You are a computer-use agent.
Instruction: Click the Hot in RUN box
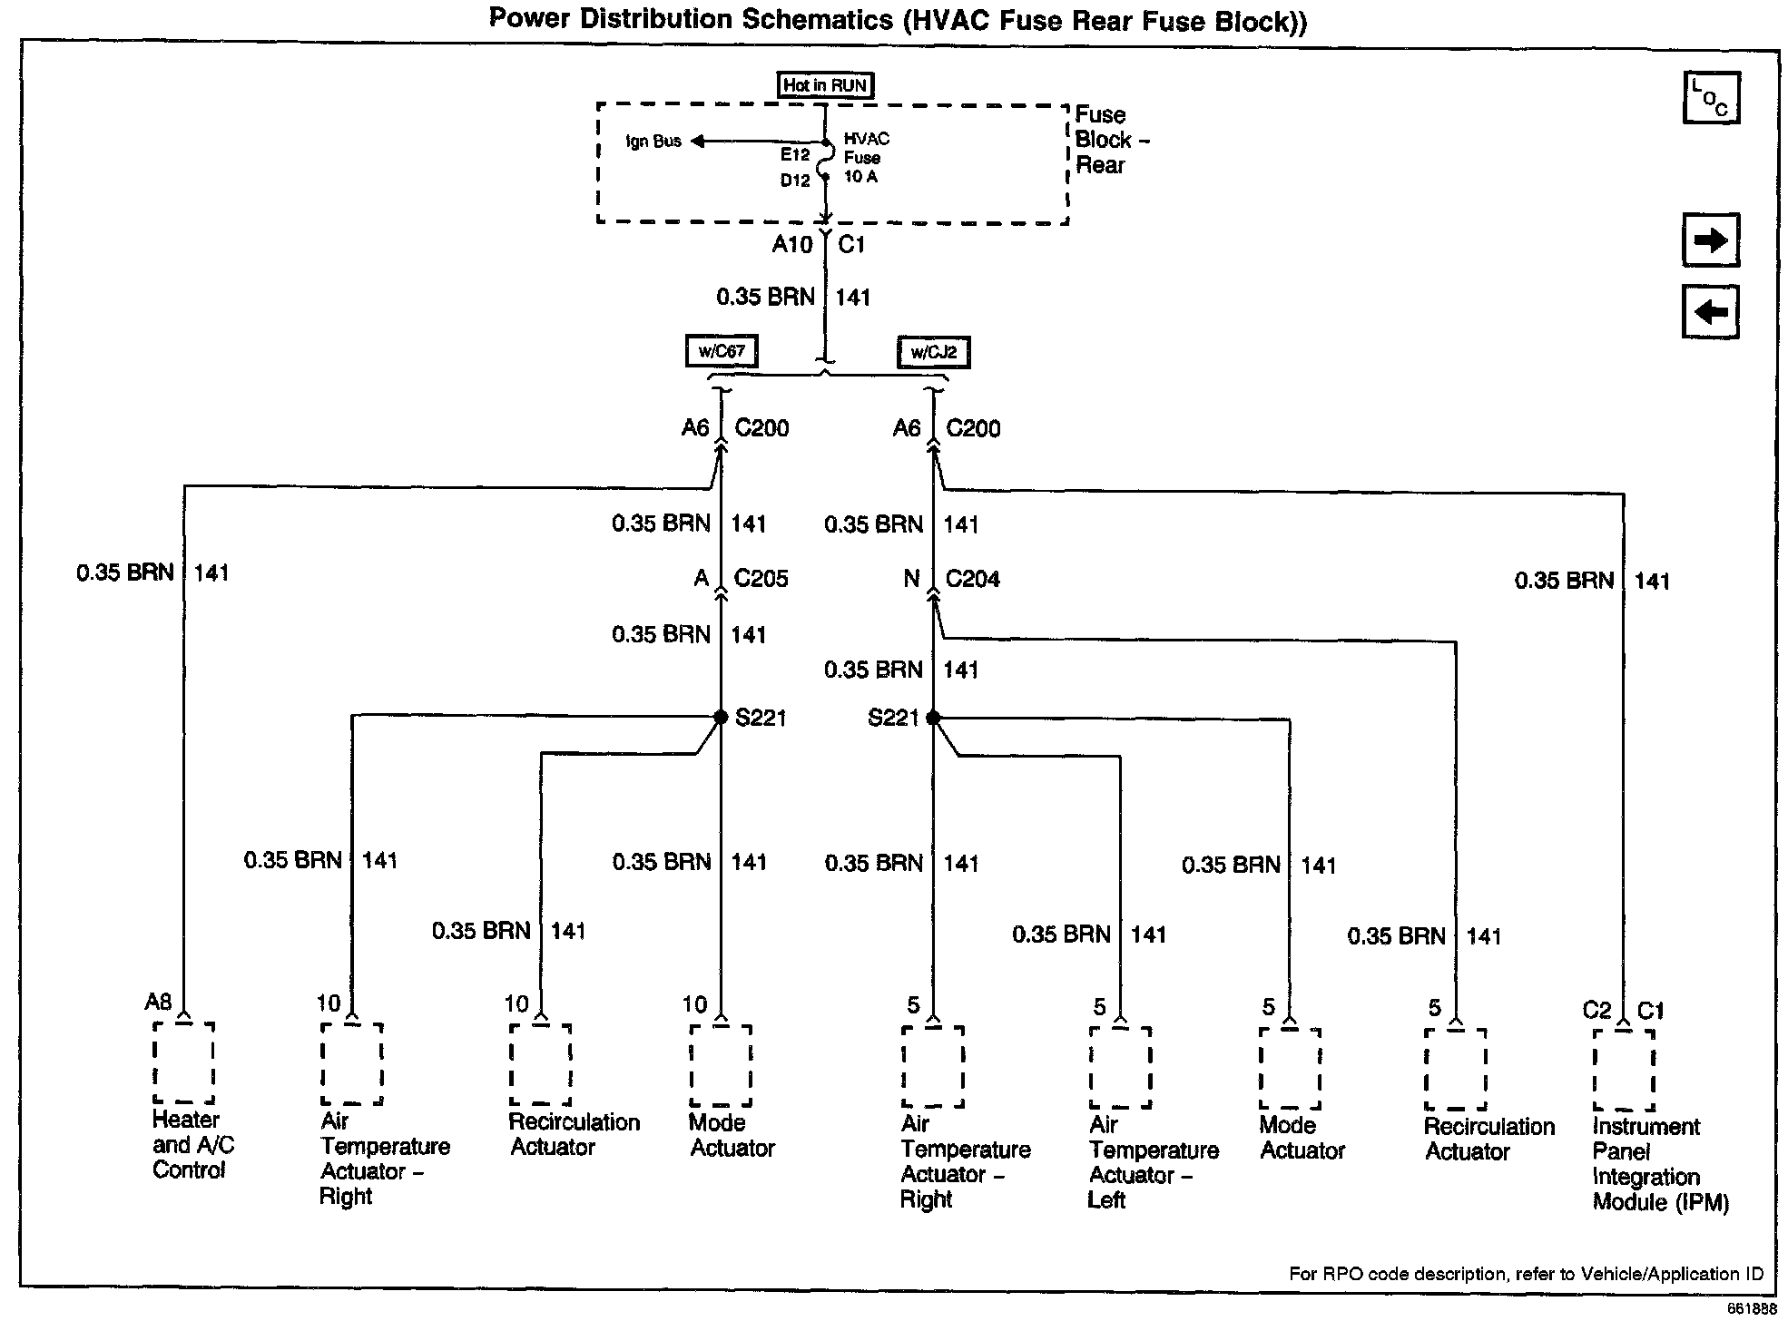point(825,86)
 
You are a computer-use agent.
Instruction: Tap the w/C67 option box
point(722,351)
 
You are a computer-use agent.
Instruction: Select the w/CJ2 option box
point(933,352)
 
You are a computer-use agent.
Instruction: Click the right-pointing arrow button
point(1711,240)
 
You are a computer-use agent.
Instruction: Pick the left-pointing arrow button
point(1711,312)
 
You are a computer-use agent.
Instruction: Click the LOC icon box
point(1711,98)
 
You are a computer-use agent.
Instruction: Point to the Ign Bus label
point(653,142)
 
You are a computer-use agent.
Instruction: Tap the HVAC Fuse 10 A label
point(866,158)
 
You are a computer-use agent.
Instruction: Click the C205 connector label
point(761,579)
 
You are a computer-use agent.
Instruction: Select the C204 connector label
point(972,579)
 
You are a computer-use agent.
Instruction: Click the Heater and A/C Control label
point(192,1145)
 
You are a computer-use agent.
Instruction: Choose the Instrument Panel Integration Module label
point(1659,1165)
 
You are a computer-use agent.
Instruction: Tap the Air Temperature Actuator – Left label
point(1153,1162)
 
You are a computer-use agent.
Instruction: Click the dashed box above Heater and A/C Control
point(183,1063)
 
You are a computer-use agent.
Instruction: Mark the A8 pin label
point(158,1002)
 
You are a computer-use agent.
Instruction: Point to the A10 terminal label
point(791,244)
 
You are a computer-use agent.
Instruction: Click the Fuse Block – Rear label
point(1113,140)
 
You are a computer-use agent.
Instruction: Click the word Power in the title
point(531,19)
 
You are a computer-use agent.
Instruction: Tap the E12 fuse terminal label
point(794,155)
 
